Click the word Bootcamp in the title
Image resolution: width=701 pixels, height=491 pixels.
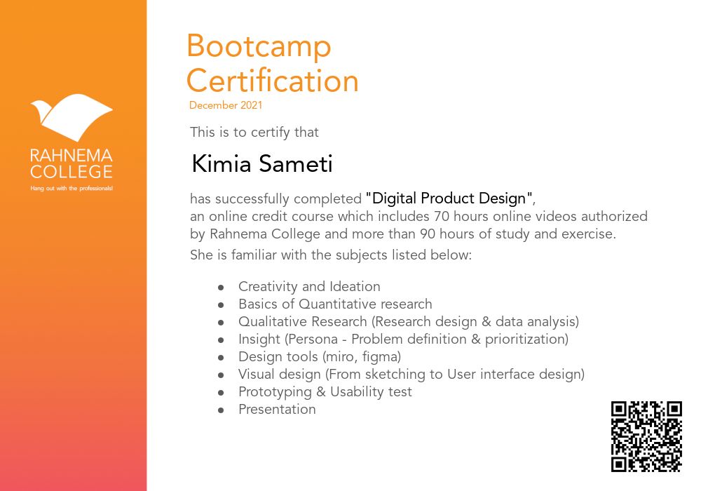(259, 47)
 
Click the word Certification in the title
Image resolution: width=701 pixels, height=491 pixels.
(273, 81)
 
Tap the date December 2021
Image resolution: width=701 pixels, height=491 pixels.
(226, 105)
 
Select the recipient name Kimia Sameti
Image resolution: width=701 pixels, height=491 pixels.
(262, 163)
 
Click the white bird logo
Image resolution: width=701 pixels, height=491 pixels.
(72, 117)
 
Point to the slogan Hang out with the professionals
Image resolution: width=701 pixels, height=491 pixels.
(72, 188)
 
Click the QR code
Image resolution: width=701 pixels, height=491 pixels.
(646, 436)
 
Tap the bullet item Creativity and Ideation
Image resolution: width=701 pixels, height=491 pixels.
(309, 286)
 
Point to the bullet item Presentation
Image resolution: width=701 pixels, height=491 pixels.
(277, 409)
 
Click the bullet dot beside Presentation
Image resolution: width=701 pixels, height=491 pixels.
(221, 410)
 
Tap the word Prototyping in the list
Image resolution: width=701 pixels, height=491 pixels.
(275, 392)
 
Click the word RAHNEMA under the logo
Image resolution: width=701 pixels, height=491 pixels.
(72, 156)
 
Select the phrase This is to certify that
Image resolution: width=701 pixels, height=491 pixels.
(254, 133)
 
